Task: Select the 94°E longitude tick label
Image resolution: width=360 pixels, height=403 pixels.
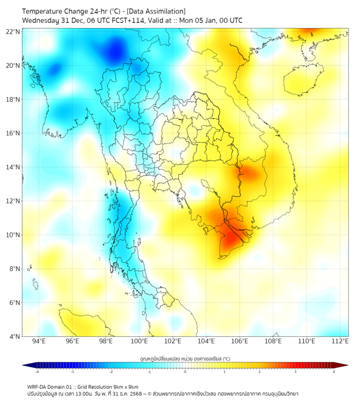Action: tap(39, 342)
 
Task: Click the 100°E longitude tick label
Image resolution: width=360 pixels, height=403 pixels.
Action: tap(140, 342)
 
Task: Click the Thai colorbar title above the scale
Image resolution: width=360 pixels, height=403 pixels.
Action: tap(185, 359)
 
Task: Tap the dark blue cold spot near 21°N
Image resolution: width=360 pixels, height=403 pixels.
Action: tap(115, 51)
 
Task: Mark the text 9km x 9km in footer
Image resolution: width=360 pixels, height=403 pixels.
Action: tap(123, 386)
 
